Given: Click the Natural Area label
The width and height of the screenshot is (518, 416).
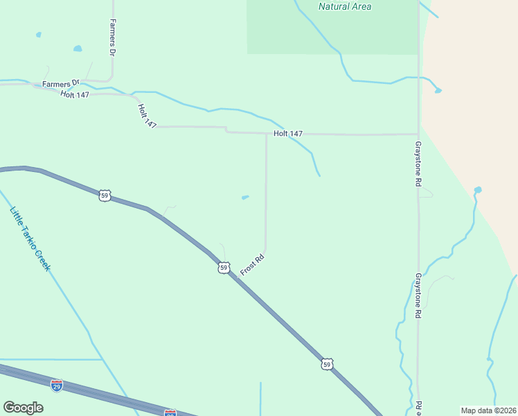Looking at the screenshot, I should [344, 7].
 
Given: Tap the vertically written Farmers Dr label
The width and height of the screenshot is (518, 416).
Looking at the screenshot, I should [111, 37].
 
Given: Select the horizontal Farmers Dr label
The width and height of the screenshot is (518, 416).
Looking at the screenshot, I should [61, 84].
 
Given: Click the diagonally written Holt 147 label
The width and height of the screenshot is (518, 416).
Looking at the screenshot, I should [147, 115].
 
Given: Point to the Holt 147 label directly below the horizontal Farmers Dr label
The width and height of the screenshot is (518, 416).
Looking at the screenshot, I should [74, 94].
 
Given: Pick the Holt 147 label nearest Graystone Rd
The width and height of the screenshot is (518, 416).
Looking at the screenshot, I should [287, 133].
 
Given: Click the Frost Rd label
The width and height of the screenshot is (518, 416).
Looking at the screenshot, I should [253, 265].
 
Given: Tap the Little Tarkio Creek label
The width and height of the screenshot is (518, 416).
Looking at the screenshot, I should [30, 239].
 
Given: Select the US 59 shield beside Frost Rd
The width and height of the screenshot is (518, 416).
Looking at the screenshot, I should [224, 267].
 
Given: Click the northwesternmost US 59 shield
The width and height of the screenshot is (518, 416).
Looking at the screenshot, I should [105, 196].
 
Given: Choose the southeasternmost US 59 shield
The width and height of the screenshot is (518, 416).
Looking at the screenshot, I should [326, 363].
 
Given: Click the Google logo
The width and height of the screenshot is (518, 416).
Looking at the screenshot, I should [23, 408].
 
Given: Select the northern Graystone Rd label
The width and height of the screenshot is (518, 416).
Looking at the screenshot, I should [418, 164].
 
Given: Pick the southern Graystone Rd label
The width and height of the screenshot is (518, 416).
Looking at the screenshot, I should [418, 295].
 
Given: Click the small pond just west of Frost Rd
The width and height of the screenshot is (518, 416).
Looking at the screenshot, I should [245, 198].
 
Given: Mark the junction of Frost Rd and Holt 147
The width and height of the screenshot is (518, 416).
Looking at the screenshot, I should [267, 133].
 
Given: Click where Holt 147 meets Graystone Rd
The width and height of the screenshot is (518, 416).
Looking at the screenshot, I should [418, 134].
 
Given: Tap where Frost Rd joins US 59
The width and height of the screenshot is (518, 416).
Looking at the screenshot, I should [237, 277].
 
